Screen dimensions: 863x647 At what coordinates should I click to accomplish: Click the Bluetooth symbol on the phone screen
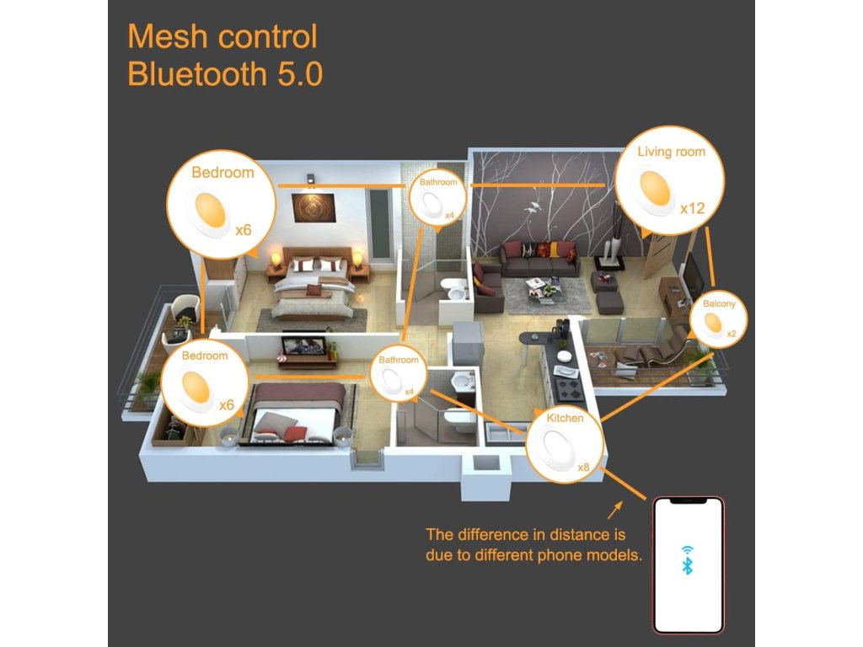(x=688, y=564)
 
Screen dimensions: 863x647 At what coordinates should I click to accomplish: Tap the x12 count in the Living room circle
(x=692, y=207)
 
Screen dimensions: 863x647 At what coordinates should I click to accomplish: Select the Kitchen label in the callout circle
(x=565, y=418)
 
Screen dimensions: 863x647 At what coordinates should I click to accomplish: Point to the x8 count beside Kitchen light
(x=584, y=467)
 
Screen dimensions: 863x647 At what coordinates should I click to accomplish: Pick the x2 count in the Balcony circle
(x=731, y=334)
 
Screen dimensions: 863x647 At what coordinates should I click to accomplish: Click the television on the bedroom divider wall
(x=303, y=345)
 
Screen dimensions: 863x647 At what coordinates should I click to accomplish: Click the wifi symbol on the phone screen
(x=688, y=548)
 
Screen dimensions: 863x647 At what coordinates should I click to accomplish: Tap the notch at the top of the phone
(x=688, y=501)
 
